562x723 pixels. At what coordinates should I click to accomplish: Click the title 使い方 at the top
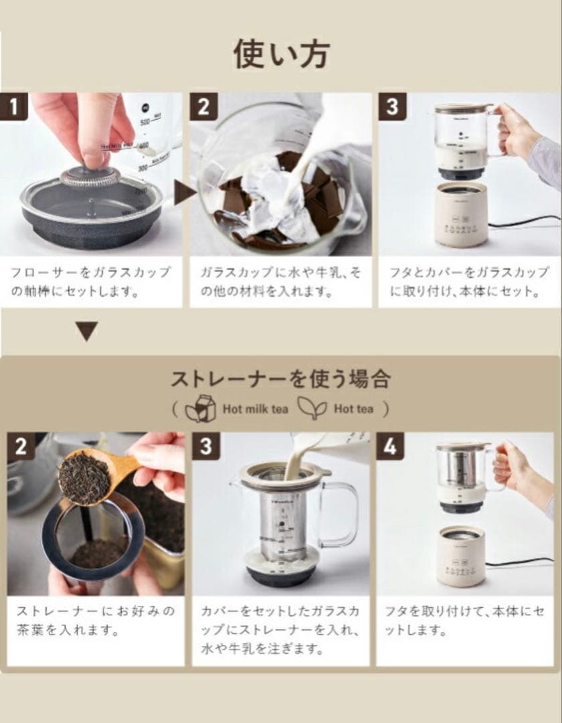click(x=281, y=54)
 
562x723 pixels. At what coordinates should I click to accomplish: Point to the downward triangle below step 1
click(x=86, y=331)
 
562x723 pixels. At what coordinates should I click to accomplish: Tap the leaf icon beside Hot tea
click(x=312, y=407)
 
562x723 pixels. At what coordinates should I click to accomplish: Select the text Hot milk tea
click(x=256, y=408)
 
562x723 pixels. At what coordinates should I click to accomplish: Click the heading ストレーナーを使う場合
click(x=280, y=379)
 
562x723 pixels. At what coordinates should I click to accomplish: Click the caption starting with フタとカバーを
click(x=468, y=282)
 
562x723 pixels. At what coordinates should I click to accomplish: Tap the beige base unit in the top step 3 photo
click(x=462, y=214)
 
